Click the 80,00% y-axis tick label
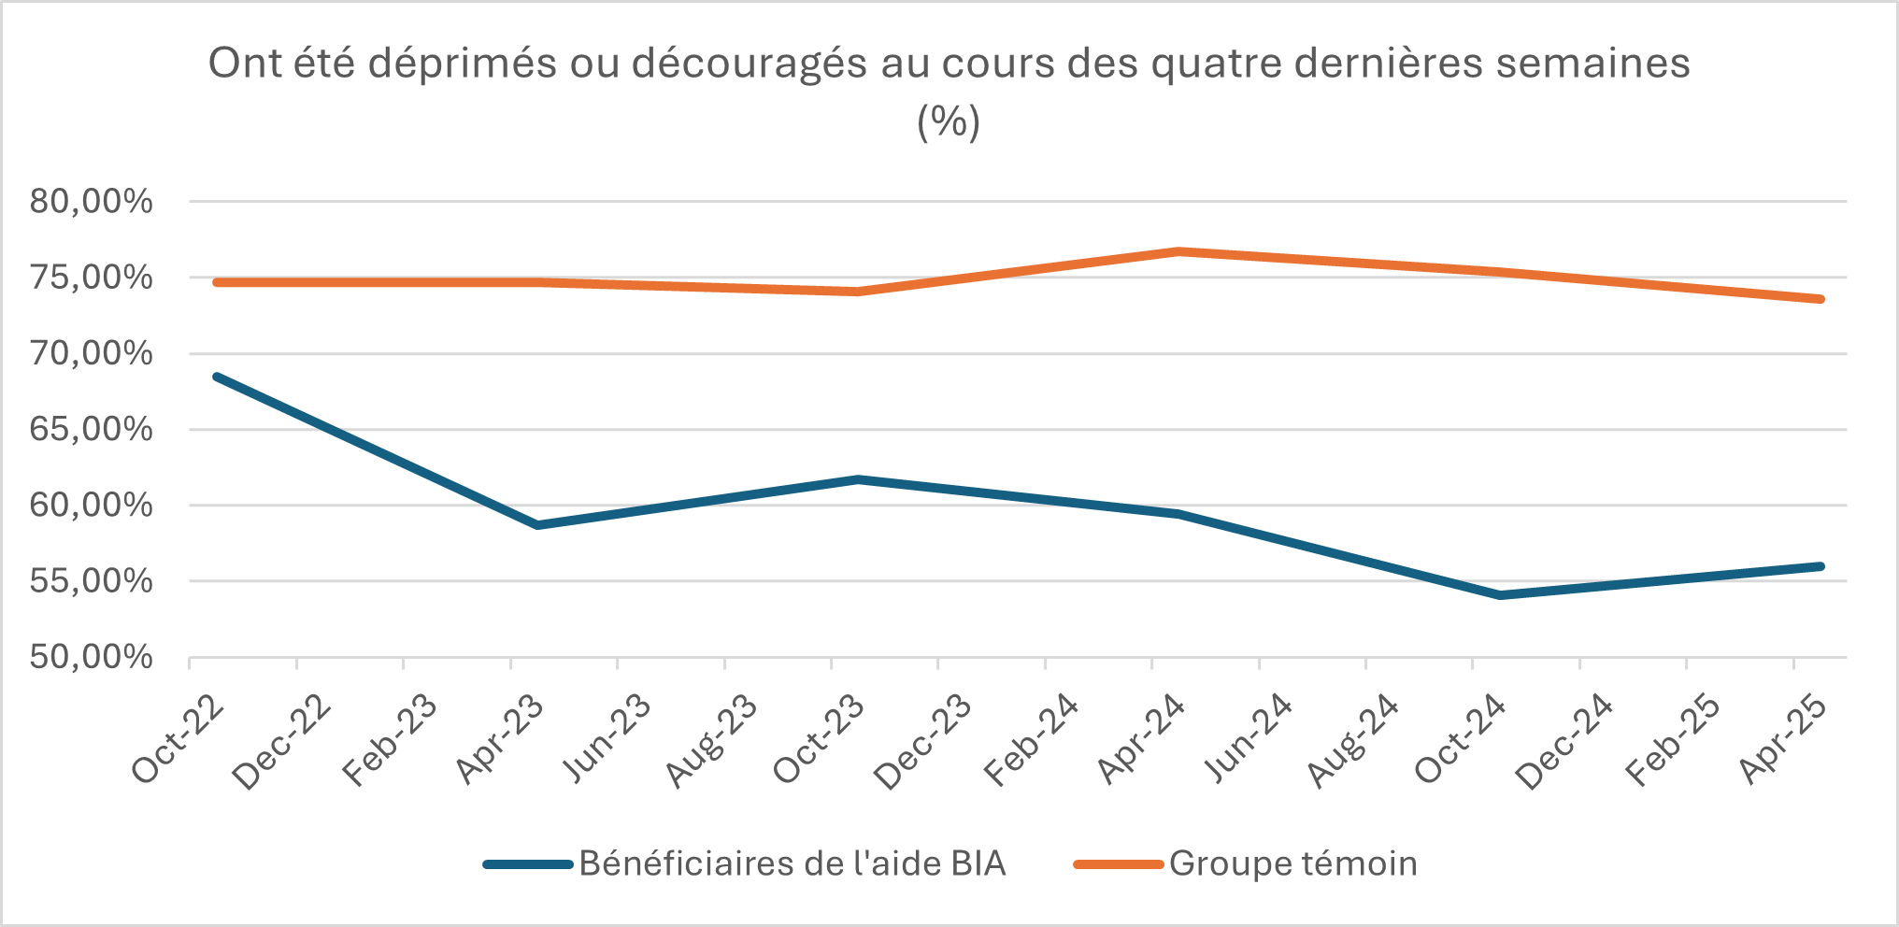[x=91, y=201]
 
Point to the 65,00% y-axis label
[x=91, y=429]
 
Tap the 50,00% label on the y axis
[x=91, y=657]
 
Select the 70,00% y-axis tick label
[x=91, y=353]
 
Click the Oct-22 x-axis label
[x=178, y=740]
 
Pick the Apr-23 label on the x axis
[x=500, y=740]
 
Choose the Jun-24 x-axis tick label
[x=1248, y=740]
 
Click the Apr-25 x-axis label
[x=1783, y=740]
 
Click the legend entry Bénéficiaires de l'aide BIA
[x=792, y=863]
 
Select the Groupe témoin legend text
[x=1292, y=863]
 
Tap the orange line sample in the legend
[x=1118, y=864]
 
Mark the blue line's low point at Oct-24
[x=1500, y=595]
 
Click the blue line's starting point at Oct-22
[x=217, y=377]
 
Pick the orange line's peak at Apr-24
[x=1179, y=251]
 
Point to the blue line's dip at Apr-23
[x=537, y=525]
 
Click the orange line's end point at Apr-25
[x=1820, y=299]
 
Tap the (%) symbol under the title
[x=949, y=121]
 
